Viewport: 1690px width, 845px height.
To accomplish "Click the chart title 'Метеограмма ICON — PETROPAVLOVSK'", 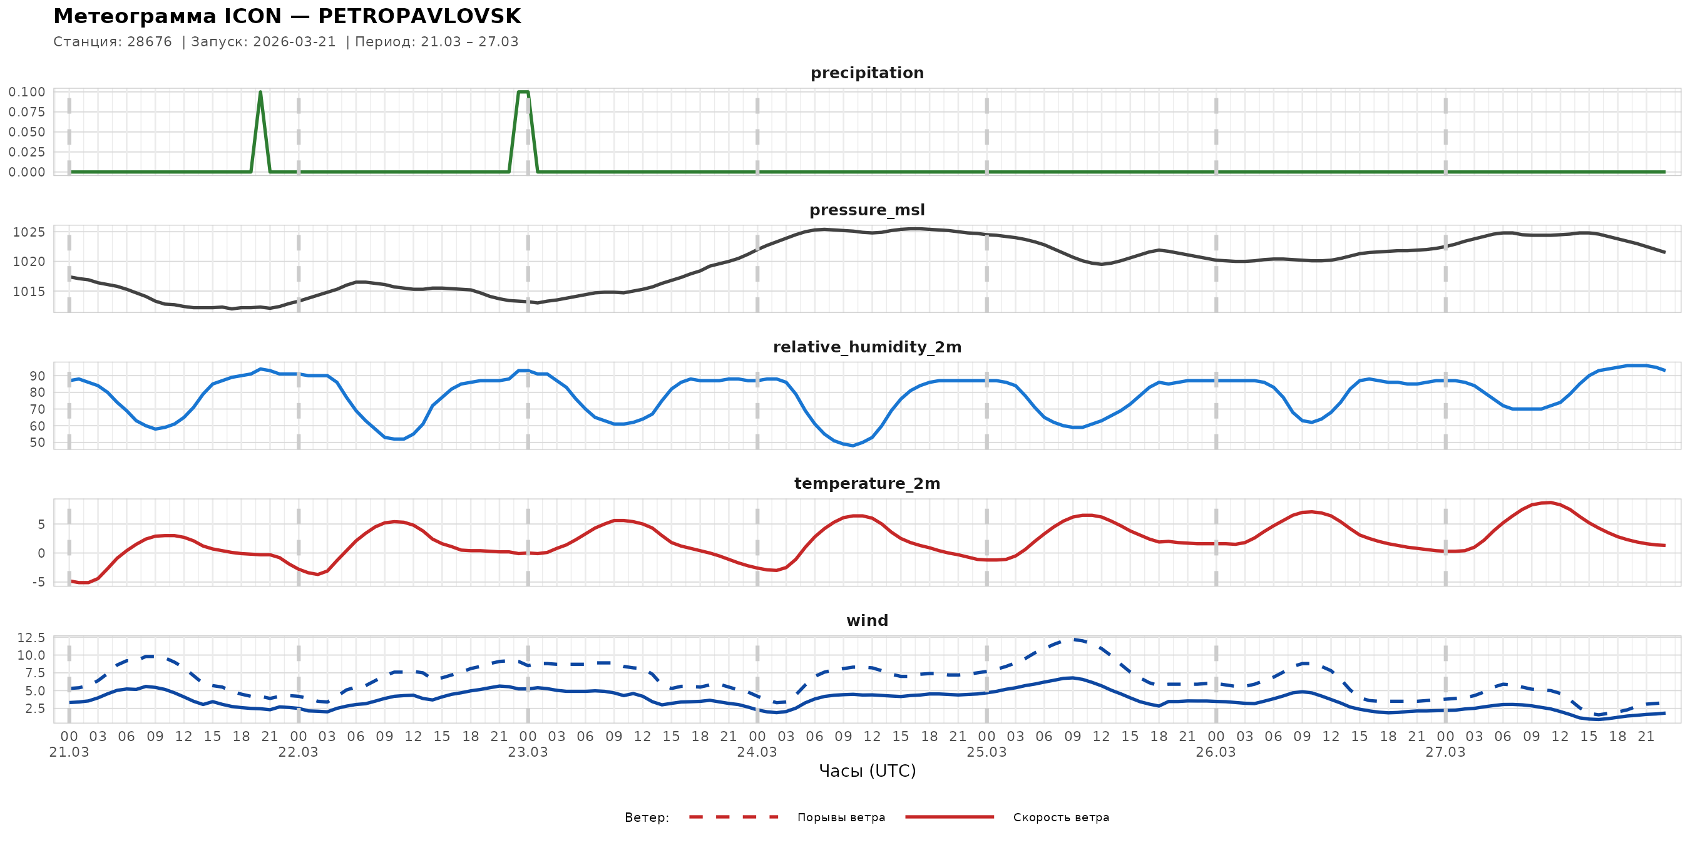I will pos(287,16).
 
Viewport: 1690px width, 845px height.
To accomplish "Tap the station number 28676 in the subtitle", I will pos(149,42).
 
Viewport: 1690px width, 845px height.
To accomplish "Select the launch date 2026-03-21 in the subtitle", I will pos(294,42).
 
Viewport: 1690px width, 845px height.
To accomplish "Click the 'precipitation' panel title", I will pos(867,73).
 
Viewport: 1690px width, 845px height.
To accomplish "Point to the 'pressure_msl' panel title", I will pos(867,210).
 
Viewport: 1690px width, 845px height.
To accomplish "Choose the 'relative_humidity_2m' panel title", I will pos(867,347).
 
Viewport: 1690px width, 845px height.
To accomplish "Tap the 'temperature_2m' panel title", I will pos(867,483).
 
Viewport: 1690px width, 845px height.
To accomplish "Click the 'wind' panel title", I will pos(867,621).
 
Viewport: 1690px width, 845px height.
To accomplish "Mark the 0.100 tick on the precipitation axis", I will pos(27,92).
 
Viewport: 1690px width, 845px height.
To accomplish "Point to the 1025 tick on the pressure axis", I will pos(29,232).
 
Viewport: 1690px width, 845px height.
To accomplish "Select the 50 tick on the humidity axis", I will pos(38,443).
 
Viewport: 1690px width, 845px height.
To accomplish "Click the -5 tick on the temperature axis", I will pos(40,582).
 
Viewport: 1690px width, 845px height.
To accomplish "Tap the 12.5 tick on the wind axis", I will pos(31,638).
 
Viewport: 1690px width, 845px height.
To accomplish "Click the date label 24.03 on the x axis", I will pos(757,752).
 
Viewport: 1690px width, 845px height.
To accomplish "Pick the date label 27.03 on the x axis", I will pos(1445,752).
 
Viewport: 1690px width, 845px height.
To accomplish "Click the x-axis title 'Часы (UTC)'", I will pos(867,771).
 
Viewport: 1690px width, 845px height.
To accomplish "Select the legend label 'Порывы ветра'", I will pos(841,817).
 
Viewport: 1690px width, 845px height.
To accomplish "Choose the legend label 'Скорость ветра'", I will pos(1061,817).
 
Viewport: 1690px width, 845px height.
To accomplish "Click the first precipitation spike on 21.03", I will pos(260,93).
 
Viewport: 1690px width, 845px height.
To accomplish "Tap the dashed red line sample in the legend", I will pos(734,817).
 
